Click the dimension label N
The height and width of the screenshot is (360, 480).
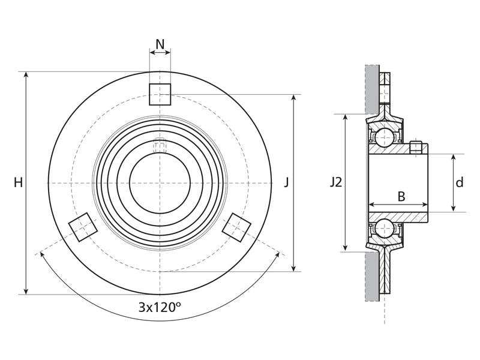pos(160,44)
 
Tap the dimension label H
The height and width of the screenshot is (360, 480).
pos(19,183)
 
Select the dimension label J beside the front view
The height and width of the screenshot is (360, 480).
pos(286,183)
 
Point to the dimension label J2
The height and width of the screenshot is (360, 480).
pos(336,183)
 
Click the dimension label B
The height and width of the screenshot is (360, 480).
pos(401,196)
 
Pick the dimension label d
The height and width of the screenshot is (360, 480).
pos(459,183)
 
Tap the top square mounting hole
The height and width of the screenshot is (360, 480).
pos(160,94)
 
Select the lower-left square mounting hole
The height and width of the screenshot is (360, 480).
pos(83,227)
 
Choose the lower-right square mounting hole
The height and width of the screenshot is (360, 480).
pos(236,227)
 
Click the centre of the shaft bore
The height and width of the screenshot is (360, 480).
pos(160,183)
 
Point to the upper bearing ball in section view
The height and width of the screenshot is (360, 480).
pos(385,138)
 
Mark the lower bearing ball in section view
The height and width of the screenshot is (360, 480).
pos(385,228)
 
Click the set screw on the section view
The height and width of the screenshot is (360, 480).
pos(415,147)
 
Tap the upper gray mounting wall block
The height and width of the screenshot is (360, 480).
pos(372,89)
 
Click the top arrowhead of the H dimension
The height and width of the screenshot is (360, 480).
pos(26,76)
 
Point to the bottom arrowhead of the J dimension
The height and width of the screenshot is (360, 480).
pos(294,268)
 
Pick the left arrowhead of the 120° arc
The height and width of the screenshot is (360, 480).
pos(43,255)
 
